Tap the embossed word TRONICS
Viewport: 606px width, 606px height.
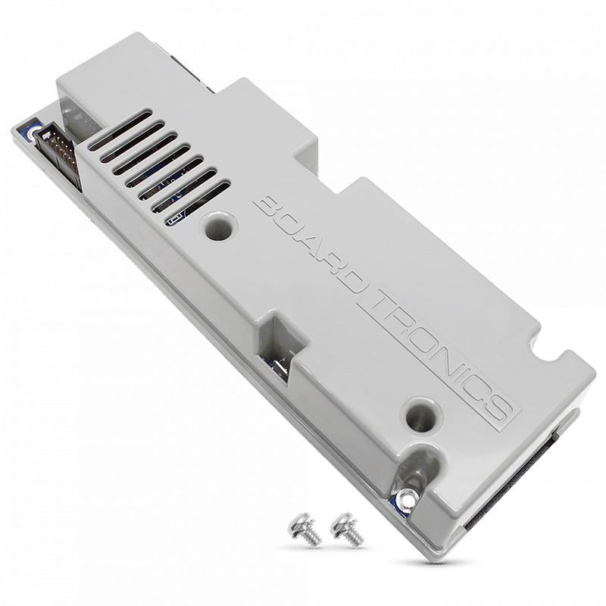[x=439, y=355]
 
